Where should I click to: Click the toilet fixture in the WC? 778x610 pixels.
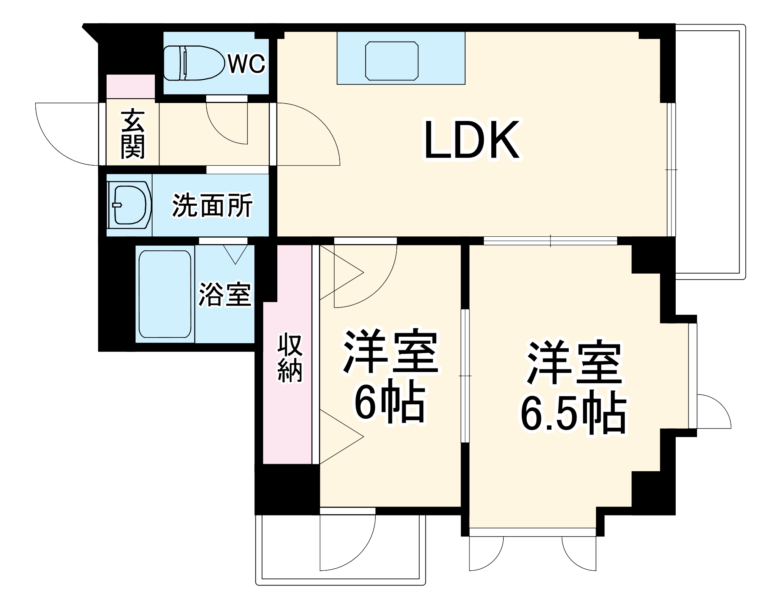tap(193, 63)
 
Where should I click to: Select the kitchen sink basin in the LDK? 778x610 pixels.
tap(392, 61)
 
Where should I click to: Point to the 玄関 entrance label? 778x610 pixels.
tap(133, 134)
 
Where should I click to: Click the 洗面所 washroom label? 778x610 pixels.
tap(212, 205)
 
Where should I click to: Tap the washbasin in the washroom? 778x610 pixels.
tap(129, 205)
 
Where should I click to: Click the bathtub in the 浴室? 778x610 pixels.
tap(165, 294)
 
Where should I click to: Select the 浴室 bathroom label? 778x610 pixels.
tap(225, 294)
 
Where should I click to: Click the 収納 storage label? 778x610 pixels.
tap(289, 357)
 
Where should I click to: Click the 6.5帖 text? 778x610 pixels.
tap(573, 414)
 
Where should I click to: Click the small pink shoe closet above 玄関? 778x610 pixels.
tap(130, 86)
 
